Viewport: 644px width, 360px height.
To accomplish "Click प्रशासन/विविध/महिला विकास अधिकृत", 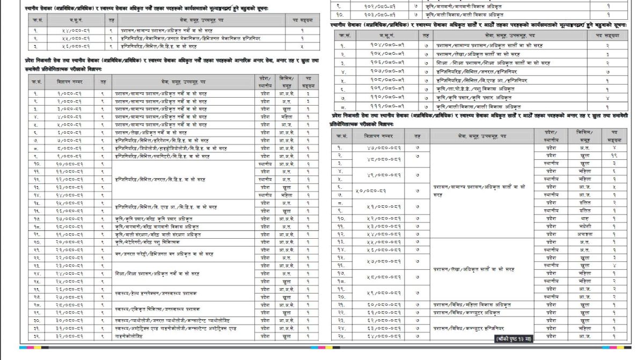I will [x=472, y=304].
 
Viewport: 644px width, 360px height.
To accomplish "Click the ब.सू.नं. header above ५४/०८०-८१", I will [x=68, y=20].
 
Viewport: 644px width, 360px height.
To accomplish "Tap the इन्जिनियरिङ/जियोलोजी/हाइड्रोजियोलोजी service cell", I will [x=167, y=148].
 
